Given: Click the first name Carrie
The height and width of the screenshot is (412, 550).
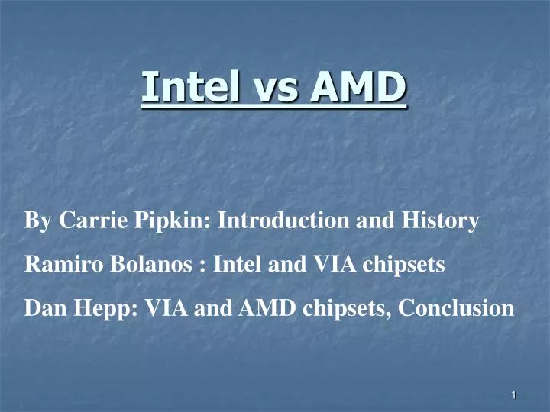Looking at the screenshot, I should pos(89,221).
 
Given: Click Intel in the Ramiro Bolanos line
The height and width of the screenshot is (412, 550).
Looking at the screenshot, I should pos(236,266).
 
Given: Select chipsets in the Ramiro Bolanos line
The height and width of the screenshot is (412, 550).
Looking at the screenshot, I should pos(398,266).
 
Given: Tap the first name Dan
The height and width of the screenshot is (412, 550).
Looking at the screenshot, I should pos(42,309).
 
